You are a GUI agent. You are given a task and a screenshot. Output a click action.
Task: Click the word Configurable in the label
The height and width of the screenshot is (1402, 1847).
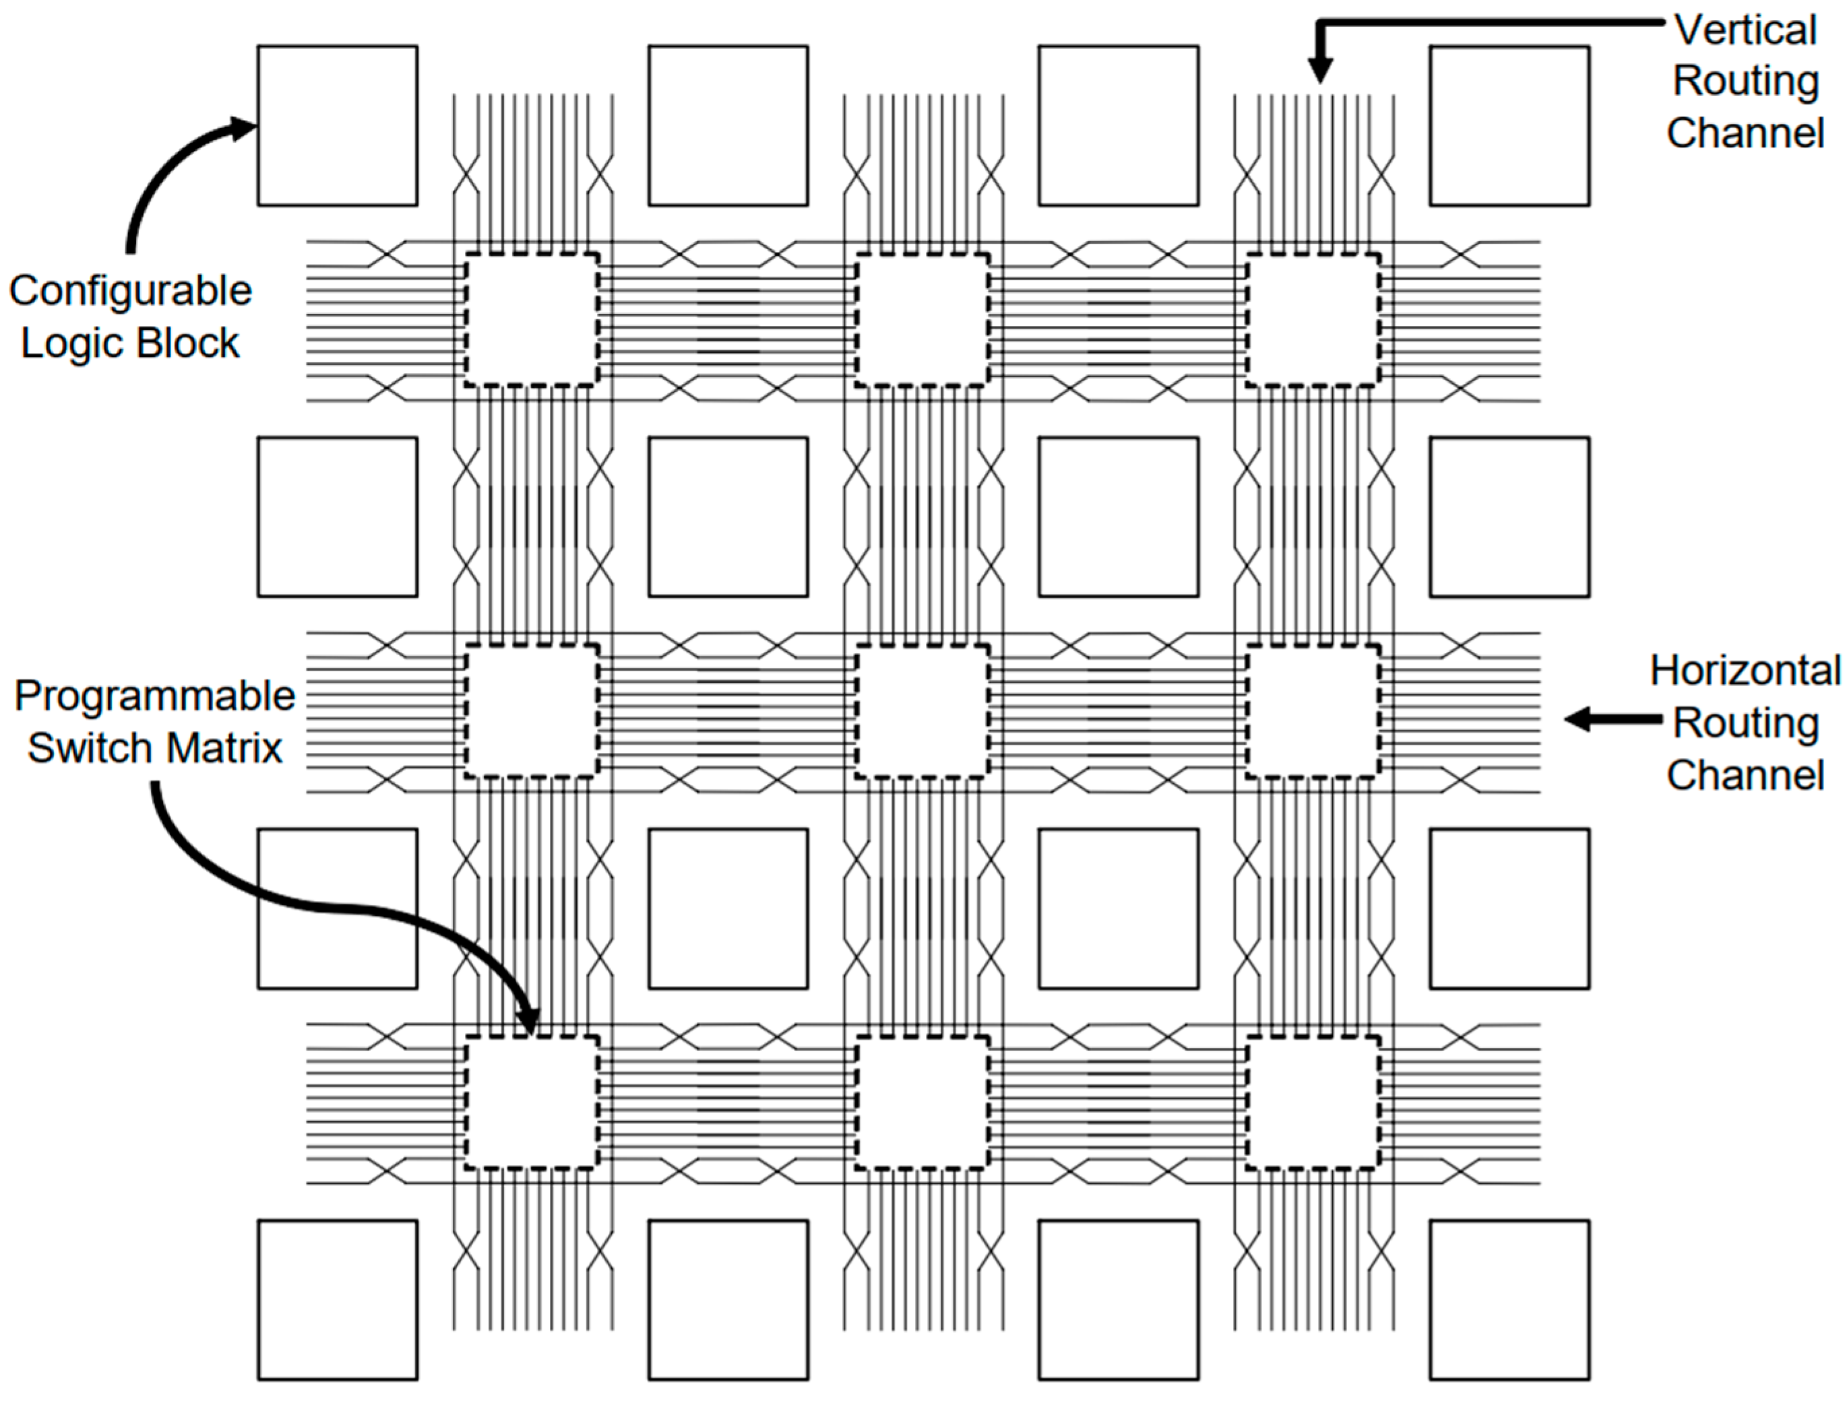[x=130, y=292]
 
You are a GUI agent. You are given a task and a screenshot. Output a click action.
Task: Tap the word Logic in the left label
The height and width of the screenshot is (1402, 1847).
[x=73, y=343]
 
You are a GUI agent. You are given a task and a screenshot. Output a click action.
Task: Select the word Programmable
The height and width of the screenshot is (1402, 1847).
[x=155, y=696]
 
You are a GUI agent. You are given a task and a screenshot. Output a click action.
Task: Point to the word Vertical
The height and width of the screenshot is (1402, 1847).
[x=1746, y=31]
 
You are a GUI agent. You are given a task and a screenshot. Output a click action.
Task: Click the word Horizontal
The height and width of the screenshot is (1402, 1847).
[x=1746, y=671]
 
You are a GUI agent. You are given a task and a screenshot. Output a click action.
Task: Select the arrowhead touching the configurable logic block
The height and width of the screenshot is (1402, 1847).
[x=244, y=128]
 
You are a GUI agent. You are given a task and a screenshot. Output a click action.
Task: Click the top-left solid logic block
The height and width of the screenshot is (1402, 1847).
[x=338, y=125]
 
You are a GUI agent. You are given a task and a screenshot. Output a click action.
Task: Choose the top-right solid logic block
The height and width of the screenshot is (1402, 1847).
[x=1509, y=125]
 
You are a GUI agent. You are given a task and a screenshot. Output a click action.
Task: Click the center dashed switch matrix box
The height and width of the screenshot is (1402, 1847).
[x=922, y=711]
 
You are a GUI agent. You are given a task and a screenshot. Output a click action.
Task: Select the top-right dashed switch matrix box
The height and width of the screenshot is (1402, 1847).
[x=1313, y=320]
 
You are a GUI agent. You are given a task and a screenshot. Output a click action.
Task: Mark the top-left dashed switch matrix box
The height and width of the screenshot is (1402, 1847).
[x=532, y=320]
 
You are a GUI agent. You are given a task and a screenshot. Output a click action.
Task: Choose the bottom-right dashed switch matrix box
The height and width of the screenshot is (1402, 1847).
[x=1313, y=1102]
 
